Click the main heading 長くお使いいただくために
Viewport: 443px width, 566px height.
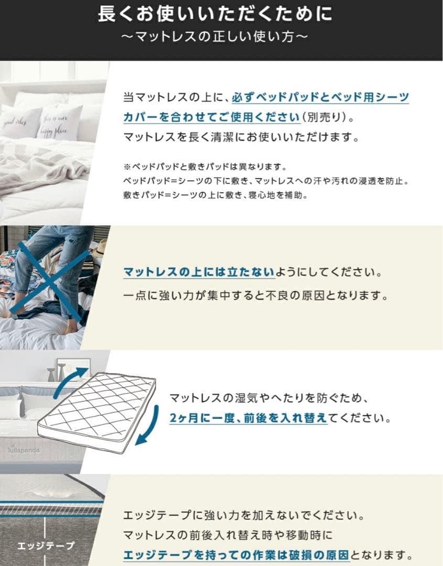point(215,14)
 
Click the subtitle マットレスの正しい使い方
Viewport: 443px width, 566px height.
point(215,37)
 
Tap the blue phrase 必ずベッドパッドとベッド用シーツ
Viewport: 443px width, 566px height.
point(320,97)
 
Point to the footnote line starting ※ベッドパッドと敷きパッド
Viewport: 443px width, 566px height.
point(205,167)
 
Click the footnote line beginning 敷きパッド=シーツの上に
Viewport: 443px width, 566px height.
point(215,195)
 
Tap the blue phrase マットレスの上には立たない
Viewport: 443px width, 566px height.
point(199,272)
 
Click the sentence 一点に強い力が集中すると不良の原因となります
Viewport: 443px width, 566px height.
point(256,296)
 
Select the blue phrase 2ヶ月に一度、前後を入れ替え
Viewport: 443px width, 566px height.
point(248,418)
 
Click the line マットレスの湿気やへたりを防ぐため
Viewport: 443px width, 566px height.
point(269,398)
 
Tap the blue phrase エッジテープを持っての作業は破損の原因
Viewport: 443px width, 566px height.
point(236,555)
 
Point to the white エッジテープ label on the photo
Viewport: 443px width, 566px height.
point(46,546)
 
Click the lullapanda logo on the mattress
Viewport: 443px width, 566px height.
point(24,450)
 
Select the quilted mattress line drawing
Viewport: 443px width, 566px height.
point(97,411)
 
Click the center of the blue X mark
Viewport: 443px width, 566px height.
point(50,280)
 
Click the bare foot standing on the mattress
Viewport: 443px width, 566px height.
point(71,326)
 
